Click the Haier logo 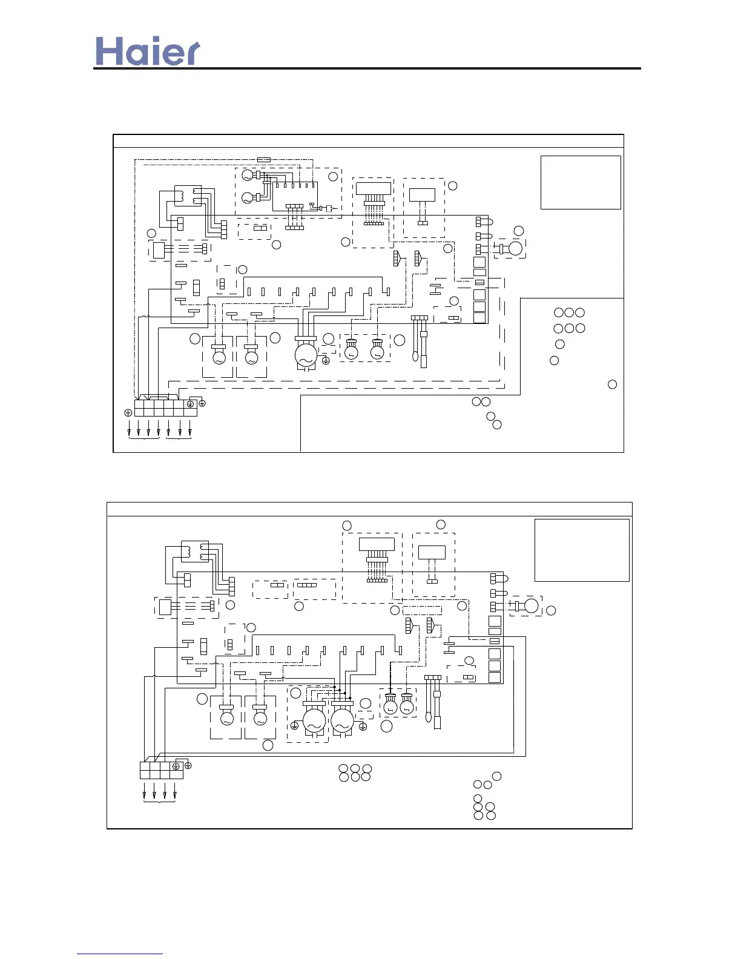click(148, 52)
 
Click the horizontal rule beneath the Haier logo click(367, 68)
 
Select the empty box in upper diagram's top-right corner click(581, 182)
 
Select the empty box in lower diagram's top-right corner click(582, 550)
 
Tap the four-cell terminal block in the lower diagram click(161, 770)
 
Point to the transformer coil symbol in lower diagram click(195, 551)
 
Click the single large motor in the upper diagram click(306, 356)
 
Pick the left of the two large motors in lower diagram click(314, 720)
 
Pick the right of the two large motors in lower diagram click(342, 720)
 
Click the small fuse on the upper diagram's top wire click(264, 159)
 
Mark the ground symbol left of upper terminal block click(128, 412)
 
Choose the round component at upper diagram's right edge click(515, 248)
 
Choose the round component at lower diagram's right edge click(531, 605)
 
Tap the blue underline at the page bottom click(120, 954)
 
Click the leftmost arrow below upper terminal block click(129, 432)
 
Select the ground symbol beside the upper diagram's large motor click(326, 361)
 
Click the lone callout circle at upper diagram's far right click(612, 384)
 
